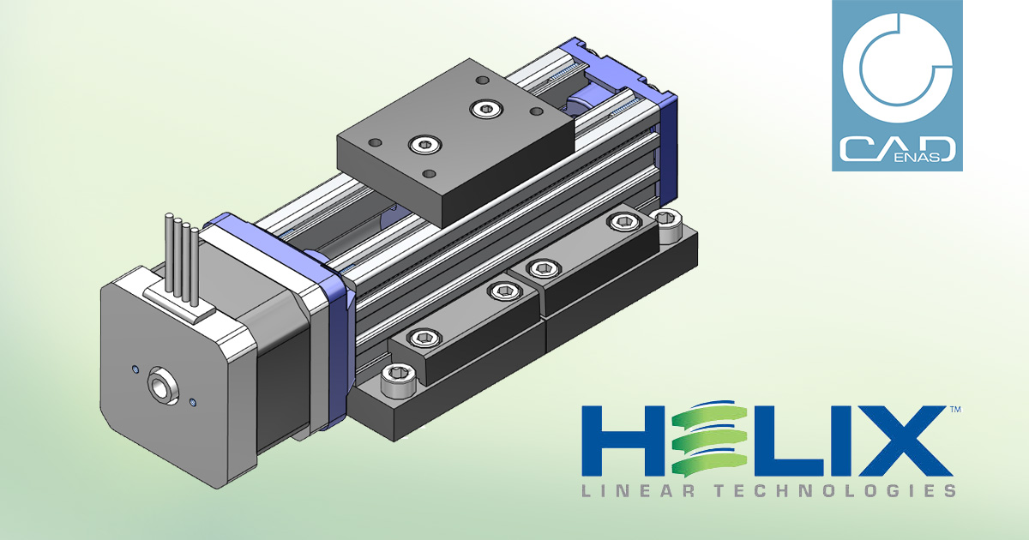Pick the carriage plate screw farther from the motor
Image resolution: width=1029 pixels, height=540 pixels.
click(x=488, y=108)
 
